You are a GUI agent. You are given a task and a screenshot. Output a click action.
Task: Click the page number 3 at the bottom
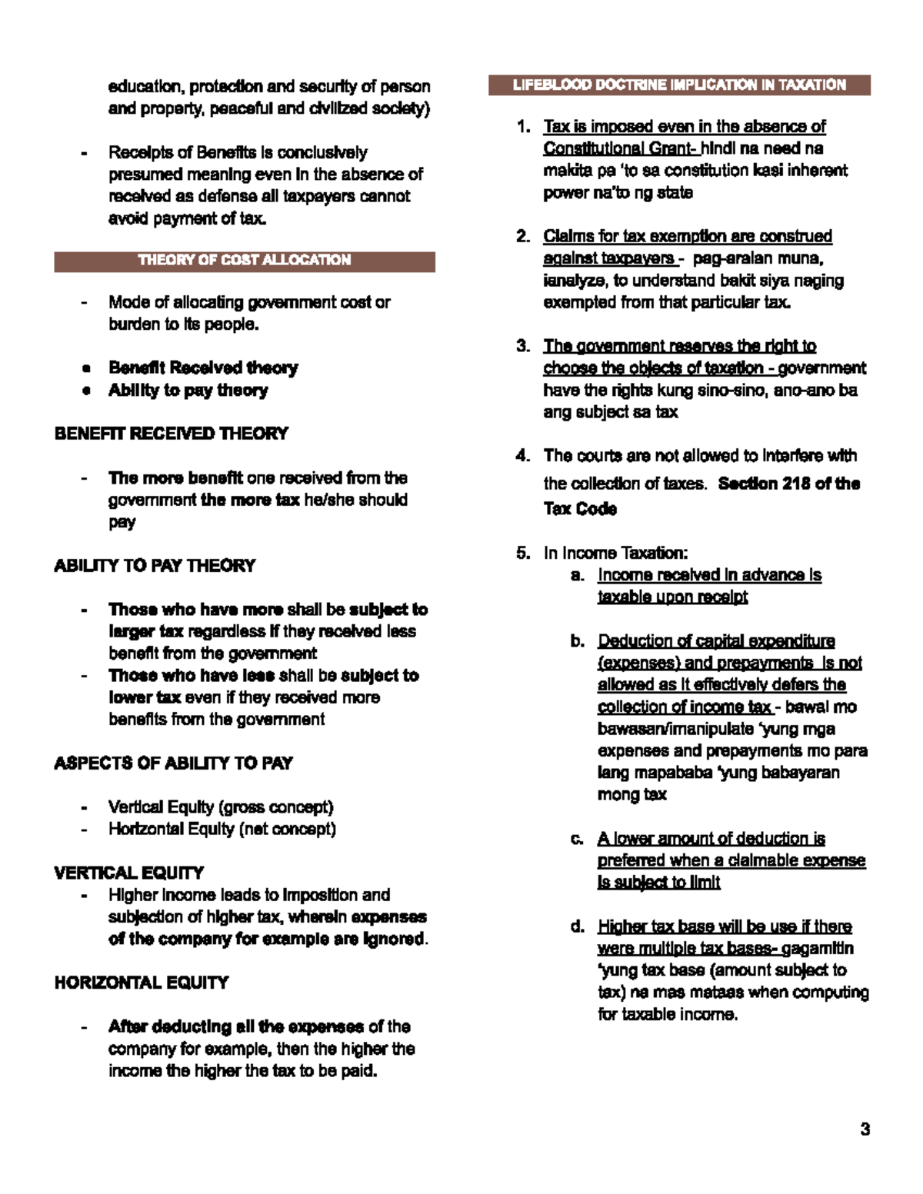865,1129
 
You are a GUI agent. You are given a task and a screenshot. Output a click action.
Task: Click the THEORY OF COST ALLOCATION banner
245,261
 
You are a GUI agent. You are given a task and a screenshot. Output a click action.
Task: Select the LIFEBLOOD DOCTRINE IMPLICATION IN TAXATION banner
679,85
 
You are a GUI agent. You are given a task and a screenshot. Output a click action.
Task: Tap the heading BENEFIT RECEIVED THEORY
171,434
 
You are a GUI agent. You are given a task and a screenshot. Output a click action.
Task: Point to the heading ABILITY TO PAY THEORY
155,566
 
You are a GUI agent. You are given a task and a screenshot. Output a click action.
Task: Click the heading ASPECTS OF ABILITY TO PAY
173,763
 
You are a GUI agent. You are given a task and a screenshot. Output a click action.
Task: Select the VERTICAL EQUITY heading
128,873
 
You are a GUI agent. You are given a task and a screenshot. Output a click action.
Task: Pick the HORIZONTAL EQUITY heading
141,983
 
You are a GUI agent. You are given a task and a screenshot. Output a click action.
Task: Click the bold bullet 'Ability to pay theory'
188,391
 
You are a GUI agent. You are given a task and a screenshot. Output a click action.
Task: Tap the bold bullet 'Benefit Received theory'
203,368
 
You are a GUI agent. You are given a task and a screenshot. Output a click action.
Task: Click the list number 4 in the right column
523,456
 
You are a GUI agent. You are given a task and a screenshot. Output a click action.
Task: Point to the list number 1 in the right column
523,127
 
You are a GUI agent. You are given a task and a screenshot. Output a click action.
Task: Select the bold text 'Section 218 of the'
788,484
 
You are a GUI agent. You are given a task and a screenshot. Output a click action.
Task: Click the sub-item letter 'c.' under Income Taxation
577,839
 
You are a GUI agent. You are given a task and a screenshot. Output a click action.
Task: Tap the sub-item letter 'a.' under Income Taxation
577,575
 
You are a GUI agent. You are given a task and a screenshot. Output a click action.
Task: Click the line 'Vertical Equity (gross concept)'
221,807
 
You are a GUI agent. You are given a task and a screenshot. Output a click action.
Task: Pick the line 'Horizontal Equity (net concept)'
222,830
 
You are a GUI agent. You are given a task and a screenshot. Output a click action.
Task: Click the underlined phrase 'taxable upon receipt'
672,597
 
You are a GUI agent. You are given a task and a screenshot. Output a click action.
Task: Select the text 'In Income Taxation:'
615,554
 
